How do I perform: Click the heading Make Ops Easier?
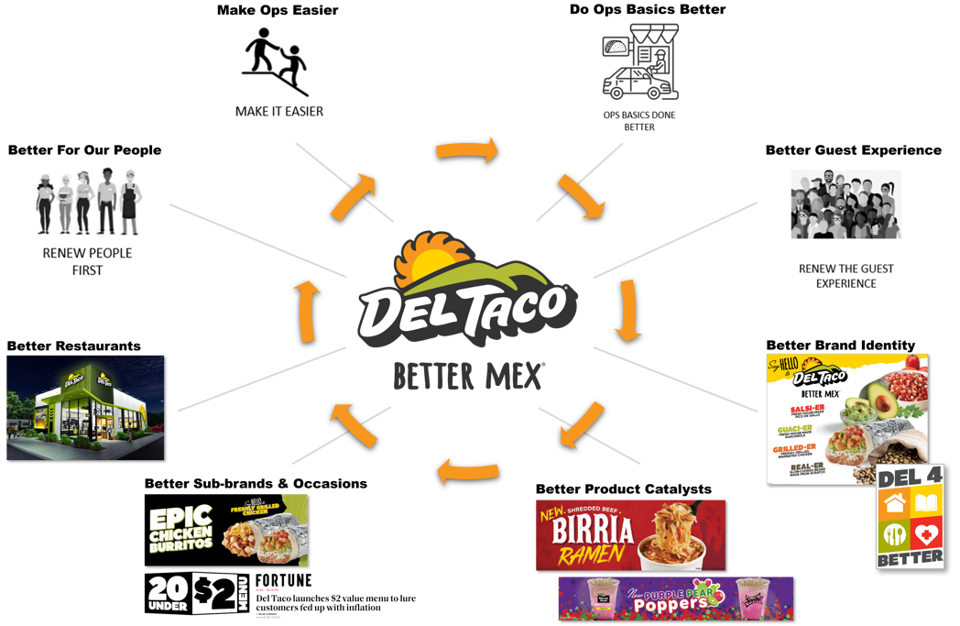[x=278, y=10]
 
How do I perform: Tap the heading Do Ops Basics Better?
[x=648, y=10]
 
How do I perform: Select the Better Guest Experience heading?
[x=853, y=150]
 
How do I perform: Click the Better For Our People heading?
[x=84, y=150]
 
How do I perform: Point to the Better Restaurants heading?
[x=74, y=346]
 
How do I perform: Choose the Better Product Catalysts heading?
[x=623, y=489]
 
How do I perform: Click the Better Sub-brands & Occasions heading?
[x=256, y=483]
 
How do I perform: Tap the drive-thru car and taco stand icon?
[x=640, y=62]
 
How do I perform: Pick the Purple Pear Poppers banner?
[x=675, y=598]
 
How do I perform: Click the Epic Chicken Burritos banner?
[x=226, y=530]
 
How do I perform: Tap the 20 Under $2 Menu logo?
[x=196, y=593]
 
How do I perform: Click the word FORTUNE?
[x=283, y=581]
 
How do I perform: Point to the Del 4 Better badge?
[x=910, y=515]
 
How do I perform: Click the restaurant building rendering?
[x=85, y=407]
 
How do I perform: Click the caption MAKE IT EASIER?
[x=278, y=112]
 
